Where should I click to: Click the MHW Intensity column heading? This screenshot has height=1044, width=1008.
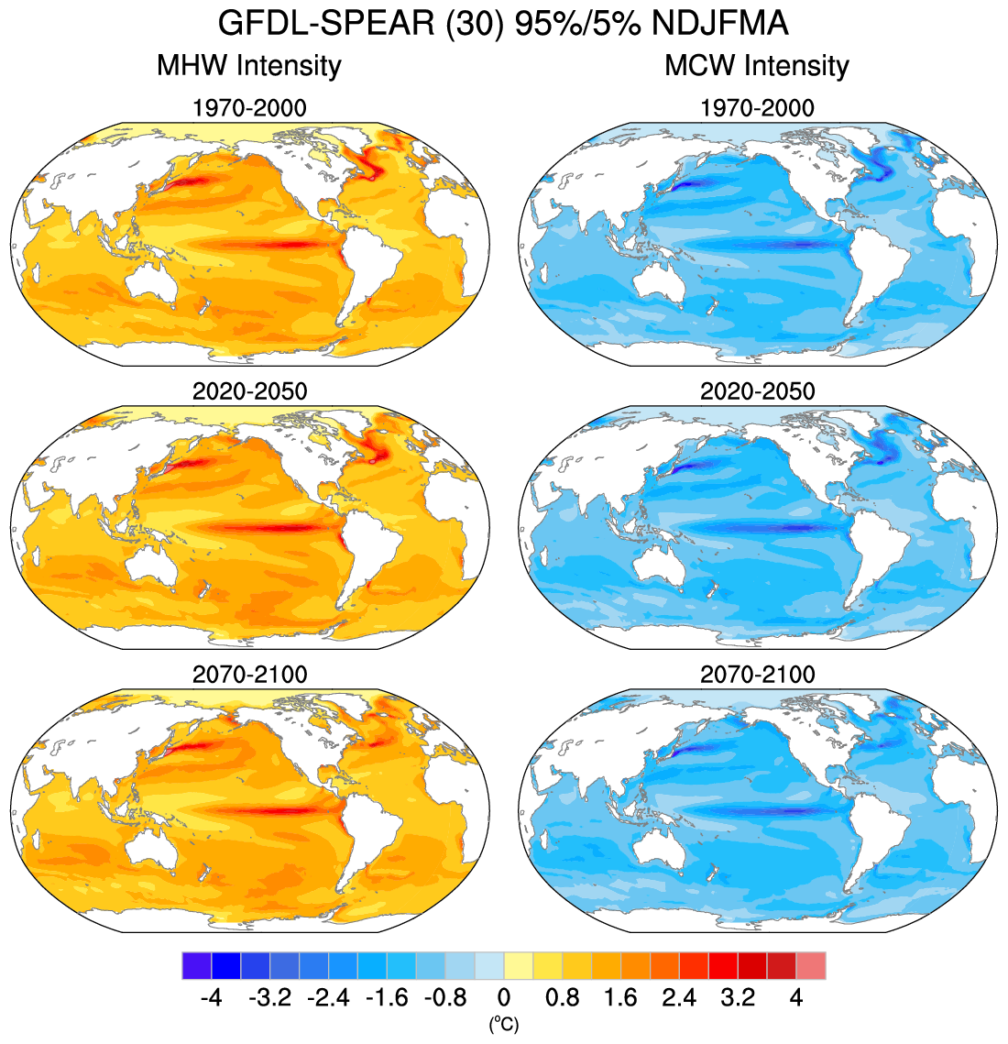pyautogui.click(x=249, y=66)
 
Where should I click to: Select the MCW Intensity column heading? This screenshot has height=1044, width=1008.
pyautogui.click(x=757, y=66)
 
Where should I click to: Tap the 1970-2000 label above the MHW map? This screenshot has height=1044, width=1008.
pyautogui.click(x=249, y=108)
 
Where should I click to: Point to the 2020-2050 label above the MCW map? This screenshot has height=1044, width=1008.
pyautogui.click(x=757, y=391)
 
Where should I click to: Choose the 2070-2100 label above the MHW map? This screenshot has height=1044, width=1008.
pyautogui.click(x=249, y=675)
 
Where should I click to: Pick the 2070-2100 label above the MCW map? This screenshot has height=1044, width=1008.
pyautogui.click(x=757, y=675)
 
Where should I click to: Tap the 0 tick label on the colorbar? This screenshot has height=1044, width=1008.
pyautogui.click(x=503, y=997)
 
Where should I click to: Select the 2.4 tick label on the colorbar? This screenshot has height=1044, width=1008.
pyautogui.click(x=679, y=997)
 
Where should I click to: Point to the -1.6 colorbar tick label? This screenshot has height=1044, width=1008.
pyautogui.click(x=387, y=997)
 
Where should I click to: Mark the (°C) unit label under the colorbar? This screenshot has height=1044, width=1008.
pyautogui.click(x=503, y=1021)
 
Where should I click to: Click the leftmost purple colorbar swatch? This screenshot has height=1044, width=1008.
pyautogui.click(x=197, y=966)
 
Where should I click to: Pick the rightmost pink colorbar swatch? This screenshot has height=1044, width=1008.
pyautogui.click(x=811, y=966)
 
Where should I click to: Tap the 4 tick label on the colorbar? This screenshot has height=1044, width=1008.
pyautogui.click(x=795, y=997)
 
